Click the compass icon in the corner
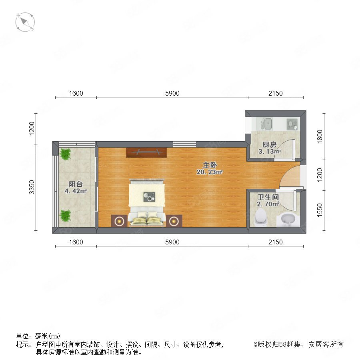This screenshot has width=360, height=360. coord(25,22)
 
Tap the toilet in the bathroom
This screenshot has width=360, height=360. coord(261,217)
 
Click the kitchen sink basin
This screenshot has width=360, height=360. coord(266,124)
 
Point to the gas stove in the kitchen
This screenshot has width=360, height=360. coord(292,124)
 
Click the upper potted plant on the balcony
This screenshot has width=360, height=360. coord(66,154)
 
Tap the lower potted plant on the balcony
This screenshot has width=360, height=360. coord(66,216)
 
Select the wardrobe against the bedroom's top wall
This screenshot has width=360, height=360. coord(146,153)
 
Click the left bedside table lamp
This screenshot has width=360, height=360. coord(119,221)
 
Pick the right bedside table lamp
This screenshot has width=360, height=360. coord(174,221)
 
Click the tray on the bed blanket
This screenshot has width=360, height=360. coord(149,197)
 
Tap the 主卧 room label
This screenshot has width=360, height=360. coord(210,165)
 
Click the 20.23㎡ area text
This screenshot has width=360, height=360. coord(210,172)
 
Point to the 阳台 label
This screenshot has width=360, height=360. coord(76,184)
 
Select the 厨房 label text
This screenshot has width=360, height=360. coord(269,145)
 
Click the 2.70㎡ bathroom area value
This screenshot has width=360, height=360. coord(268,204)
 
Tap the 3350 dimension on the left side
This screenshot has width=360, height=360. coord(32,187)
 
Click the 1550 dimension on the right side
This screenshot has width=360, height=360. coord(320,210)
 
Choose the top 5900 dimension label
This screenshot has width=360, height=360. coord(172,93)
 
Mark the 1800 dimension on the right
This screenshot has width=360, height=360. coord(320,136)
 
